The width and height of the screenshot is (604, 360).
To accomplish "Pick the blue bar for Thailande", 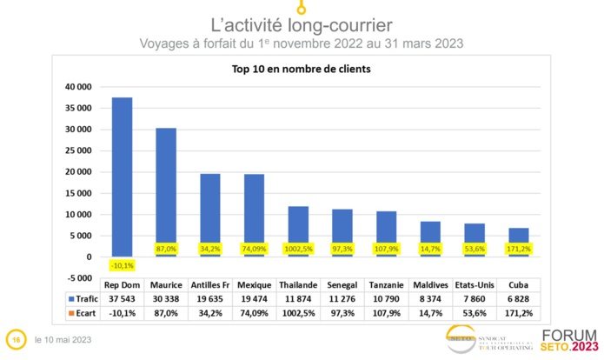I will (x=297, y=230).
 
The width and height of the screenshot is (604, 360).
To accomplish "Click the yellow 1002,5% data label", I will (x=297, y=249).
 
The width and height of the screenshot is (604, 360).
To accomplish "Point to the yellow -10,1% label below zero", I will (x=122, y=266).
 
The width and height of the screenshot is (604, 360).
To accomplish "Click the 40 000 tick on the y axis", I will (x=78, y=88).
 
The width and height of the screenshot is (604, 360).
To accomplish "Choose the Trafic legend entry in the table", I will (x=78, y=298).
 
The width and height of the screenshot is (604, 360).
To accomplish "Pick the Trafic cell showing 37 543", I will (x=123, y=298).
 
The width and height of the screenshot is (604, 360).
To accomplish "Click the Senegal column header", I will (x=342, y=284).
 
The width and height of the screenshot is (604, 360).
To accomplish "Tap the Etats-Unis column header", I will (x=474, y=284).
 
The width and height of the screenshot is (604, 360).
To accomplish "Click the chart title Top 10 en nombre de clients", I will (x=298, y=70).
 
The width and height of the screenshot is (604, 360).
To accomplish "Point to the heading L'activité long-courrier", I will (x=302, y=24).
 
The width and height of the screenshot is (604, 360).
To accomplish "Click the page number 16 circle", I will (x=15, y=338).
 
